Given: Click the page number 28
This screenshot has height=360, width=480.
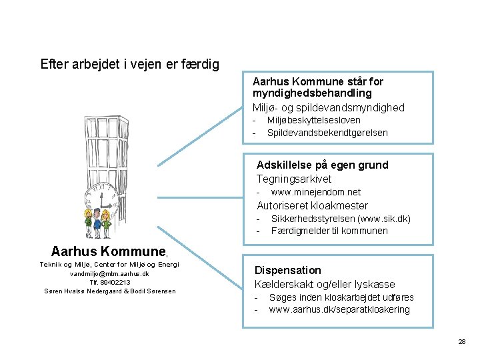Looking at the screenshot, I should click(x=462, y=341).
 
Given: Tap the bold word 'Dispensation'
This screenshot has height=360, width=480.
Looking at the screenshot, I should click(x=288, y=270).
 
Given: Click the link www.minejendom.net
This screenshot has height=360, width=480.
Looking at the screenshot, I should click(x=315, y=192).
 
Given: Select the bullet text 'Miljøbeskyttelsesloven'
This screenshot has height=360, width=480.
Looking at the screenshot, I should click(x=313, y=120).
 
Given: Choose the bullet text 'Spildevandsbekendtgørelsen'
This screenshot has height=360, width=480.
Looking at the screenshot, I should click(x=327, y=132).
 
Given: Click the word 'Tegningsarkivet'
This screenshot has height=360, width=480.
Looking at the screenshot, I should click(x=294, y=179).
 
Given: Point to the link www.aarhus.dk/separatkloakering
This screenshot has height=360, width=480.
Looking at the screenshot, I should click(x=339, y=309).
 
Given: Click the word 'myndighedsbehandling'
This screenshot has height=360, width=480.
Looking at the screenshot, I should click(x=312, y=93).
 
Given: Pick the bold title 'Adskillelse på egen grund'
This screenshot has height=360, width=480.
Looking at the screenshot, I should click(x=323, y=165).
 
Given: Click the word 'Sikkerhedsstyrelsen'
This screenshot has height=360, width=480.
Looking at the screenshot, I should click(x=313, y=219).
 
